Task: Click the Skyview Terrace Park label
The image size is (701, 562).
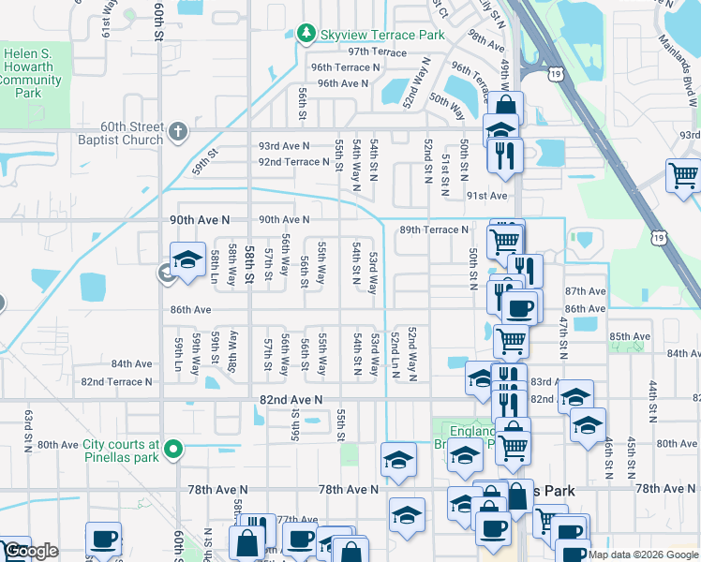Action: coord(381,35)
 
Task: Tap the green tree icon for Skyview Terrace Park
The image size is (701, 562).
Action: coord(306,35)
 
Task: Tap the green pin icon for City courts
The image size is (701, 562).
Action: coord(172,451)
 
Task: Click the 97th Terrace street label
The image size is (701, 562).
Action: coord(377,52)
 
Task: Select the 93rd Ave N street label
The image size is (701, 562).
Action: coord(284,146)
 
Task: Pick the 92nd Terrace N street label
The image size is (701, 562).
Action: coord(293,162)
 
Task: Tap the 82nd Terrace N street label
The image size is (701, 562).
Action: coord(116,382)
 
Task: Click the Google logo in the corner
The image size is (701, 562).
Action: coord(31,551)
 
